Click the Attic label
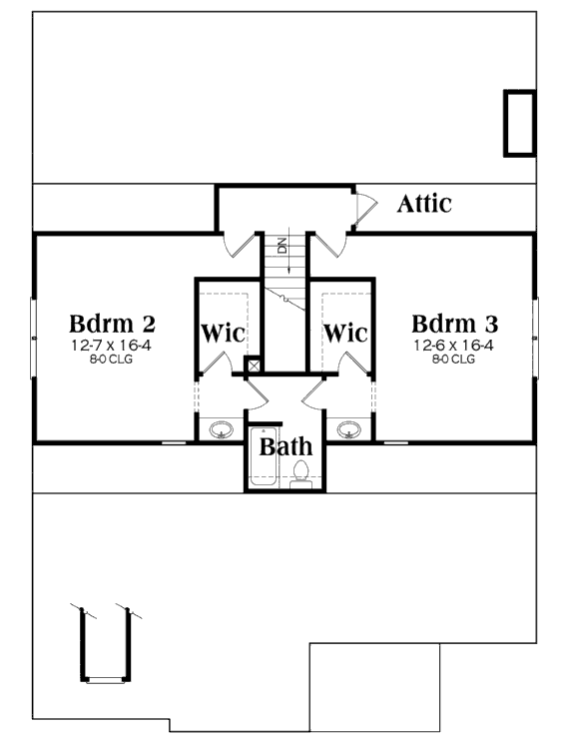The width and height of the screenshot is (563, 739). (424, 204)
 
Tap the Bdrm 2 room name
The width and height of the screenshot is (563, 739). (112, 324)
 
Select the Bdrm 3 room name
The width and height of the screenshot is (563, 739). (454, 324)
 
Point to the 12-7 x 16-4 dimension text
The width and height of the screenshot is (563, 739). (111, 346)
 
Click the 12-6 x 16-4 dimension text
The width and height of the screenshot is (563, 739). (454, 346)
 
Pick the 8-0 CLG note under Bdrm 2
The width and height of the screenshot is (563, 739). (111, 360)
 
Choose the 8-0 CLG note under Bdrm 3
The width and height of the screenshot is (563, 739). (454, 360)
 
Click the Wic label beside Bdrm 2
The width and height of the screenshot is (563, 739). (223, 333)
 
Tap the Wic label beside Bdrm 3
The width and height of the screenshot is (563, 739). (345, 333)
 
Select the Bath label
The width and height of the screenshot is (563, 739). (285, 446)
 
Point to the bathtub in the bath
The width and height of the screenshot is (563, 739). (263, 456)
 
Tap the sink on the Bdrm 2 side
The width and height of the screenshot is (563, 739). (221, 429)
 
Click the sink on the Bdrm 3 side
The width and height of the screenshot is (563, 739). (349, 429)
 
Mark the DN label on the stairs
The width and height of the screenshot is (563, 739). (282, 246)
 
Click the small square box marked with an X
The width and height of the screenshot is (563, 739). (254, 366)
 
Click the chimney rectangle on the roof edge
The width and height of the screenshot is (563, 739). (520, 123)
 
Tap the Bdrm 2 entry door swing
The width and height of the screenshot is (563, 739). (240, 245)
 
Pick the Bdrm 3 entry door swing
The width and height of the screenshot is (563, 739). (328, 245)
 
